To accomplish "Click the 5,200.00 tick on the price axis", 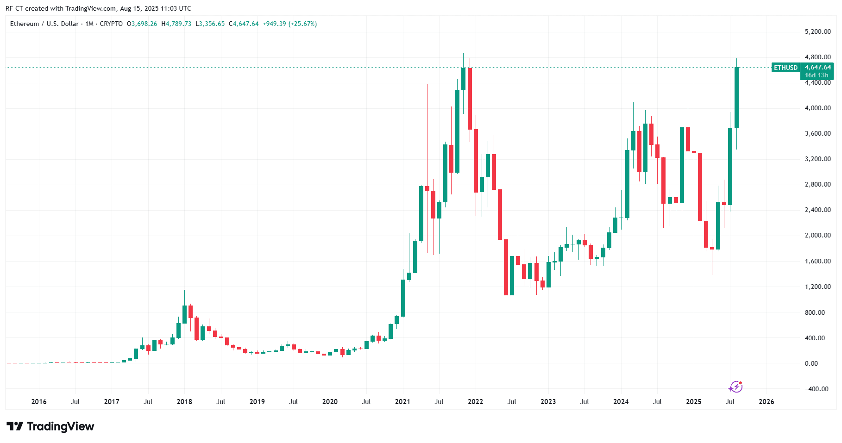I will coord(817,32).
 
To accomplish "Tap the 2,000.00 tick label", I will coord(817,235).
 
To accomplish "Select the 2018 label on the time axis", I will coord(184,402).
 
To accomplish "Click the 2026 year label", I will coord(766,402).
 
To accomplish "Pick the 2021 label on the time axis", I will coord(402,402).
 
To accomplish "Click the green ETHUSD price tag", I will coord(785,68).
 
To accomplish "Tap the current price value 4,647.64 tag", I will coord(817,68).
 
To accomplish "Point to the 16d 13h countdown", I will coord(817,75).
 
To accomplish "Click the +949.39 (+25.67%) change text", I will coord(289,24).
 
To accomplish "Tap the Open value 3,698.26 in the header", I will coord(144,24).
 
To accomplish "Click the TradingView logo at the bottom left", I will coord(50,426).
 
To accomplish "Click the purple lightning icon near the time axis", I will coord(735,387).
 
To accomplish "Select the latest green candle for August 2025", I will coord(736,98).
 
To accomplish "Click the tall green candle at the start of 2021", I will coord(403,298).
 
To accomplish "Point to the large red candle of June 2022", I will coord(506,267).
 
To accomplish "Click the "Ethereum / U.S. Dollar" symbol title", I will coord(44,24).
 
